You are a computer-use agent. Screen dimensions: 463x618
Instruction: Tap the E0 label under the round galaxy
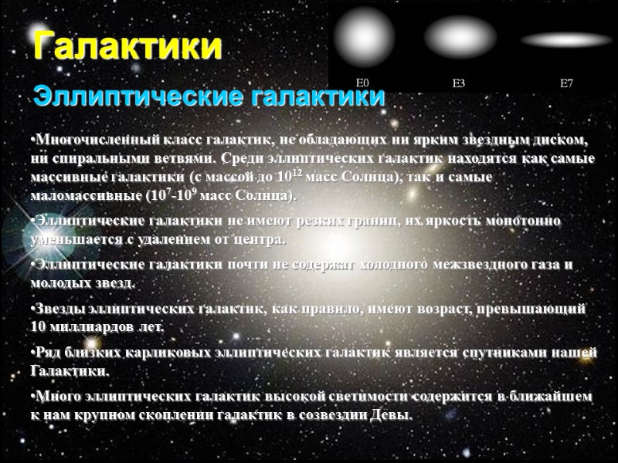point(362,83)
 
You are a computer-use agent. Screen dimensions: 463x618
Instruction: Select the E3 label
point(459,83)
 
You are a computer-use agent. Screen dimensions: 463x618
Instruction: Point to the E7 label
point(566,83)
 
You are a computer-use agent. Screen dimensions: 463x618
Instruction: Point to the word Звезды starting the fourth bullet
point(58,309)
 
